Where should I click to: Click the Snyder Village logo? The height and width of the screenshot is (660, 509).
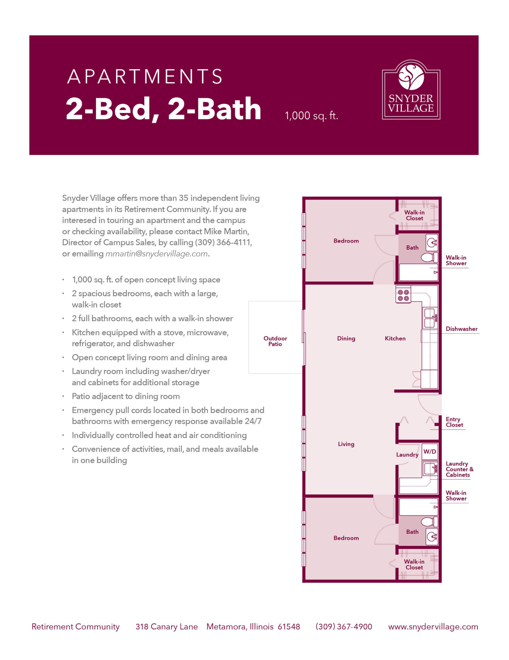click(411, 90)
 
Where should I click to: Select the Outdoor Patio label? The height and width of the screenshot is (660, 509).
click(275, 341)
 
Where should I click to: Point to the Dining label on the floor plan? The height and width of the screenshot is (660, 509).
click(346, 339)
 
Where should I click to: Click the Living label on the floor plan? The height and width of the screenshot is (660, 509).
click(346, 444)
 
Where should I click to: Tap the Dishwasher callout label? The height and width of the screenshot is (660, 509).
click(462, 329)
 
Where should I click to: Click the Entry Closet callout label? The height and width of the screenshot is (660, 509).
click(454, 422)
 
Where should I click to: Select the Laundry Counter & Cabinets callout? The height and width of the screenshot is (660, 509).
click(460, 469)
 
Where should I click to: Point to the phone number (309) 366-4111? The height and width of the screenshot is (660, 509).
click(223, 242)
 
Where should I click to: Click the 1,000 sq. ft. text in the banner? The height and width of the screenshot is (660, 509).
click(311, 116)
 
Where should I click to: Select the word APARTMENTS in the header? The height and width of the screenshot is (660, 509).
click(145, 77)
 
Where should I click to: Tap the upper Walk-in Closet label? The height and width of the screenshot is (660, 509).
click(414, 215)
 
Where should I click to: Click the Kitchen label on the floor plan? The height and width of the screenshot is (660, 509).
click(395, 339)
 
